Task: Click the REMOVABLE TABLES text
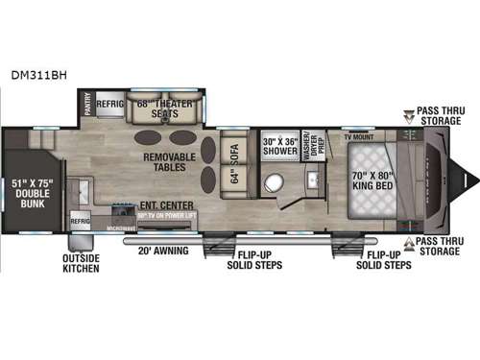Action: tap(170, 162)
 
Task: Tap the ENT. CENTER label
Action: tap(166, 205)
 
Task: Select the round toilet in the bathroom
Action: tap(279, 182)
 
